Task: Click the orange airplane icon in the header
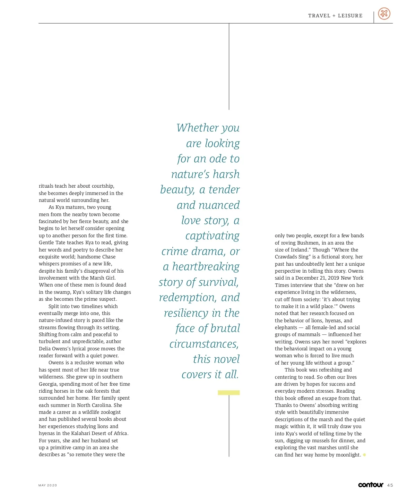[x=384, y=14]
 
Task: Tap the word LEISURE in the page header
[x=350, y=16]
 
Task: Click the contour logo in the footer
[x=371, y=485]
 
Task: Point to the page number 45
[x=390, y=485]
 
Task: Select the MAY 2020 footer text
[x=47, y=485]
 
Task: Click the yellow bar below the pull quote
[x=229, y=393]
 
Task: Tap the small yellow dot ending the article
[x=364, y=455]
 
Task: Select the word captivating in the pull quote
[x=212, y=236]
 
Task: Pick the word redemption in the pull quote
[x=188, y=298]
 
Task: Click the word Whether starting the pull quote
[x=193, y=128]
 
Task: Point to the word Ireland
[x=298, y=250]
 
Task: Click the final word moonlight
[x=348, y=455]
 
